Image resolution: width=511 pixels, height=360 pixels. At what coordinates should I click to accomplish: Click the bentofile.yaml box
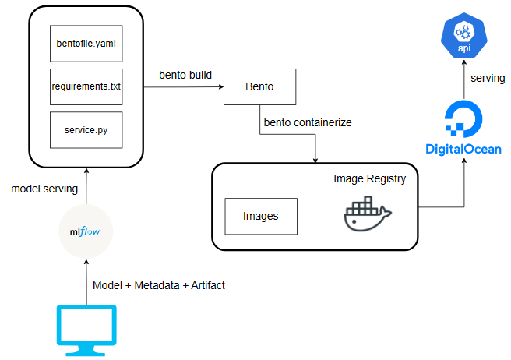(86, 44)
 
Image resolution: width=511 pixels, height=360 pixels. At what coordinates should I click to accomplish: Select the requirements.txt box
(86, 87)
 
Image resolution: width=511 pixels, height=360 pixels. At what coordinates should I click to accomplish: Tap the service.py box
(86, 130)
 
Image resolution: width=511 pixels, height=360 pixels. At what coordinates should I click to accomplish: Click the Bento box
(260, 86)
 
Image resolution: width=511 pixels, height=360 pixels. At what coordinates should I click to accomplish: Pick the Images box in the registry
(260, 215)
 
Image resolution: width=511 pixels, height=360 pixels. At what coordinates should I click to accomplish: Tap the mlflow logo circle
(86, 231)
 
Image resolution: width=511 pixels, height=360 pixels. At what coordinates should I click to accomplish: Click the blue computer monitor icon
(86, 327)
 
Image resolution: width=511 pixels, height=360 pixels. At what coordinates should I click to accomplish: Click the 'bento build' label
(185, 76)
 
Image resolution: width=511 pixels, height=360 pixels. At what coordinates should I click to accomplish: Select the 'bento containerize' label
(308, 122)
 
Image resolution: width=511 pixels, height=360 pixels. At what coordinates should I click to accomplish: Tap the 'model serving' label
(45, 189)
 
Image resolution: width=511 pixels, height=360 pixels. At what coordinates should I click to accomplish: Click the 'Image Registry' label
(370, 179)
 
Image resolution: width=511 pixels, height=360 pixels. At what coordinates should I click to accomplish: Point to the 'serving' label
(488, 79)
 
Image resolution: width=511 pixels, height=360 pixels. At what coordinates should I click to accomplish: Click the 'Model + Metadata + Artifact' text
(158, 285)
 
